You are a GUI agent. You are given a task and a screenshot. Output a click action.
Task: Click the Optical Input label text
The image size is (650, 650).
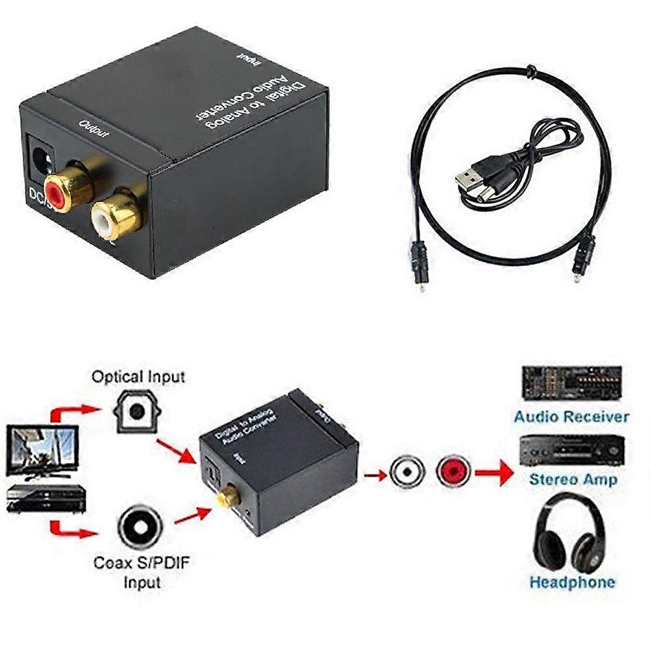pyautogui.click(x=138, y=377)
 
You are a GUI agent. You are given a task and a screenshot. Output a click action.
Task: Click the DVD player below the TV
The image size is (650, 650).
pyautogui.click(x=45, y=499)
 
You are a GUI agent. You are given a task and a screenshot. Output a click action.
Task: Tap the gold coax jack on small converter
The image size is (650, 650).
pyautogui.click(x=227, y=497)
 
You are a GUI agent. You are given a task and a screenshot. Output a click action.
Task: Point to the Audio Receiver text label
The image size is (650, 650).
pyautogui.click(x=571, y=416)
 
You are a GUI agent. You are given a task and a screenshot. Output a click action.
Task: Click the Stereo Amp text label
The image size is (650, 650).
pyautogui.click(x=573, y=480)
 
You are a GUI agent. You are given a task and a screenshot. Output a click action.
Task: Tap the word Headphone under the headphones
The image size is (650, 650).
pyautogui.click(x=571, y=582)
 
